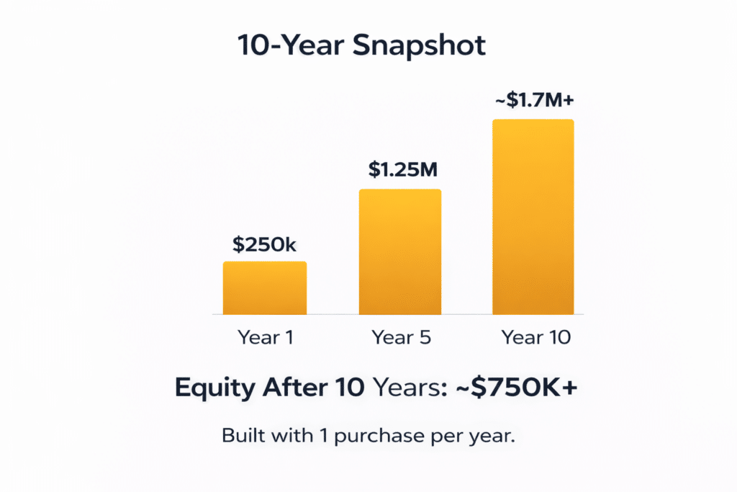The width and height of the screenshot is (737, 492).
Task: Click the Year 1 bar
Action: click(x=265, y=288)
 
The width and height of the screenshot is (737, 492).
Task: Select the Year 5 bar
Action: click(x=400, y=251)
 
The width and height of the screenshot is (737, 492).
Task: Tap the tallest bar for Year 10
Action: click(x=533, y=217)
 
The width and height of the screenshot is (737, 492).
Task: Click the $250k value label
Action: click(x=264, y=245)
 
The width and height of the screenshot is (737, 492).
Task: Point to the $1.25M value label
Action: click(x=403, y=169)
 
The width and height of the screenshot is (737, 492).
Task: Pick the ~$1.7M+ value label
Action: click(x=535, y=99)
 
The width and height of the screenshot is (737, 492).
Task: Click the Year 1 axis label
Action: click(x=266, y=337)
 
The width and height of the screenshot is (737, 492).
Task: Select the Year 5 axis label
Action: click(x=401, y=337)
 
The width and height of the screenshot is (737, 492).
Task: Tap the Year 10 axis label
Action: click(x=535, y=337)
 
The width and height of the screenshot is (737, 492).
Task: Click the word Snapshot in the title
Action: click(x=419, y=46)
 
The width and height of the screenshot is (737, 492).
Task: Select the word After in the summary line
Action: click(x=295, y=388)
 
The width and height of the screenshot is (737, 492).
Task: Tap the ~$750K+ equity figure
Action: click(x=517, y=388)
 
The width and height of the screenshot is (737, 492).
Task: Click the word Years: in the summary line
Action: click(x=410, y=388)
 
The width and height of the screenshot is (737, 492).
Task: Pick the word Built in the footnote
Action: click(x=243, y=436)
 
